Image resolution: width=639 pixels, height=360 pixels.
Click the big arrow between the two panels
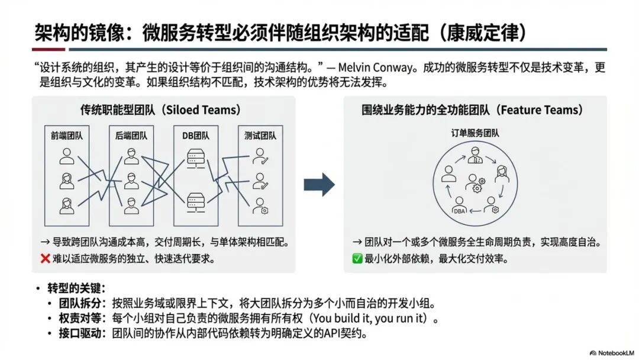click(319, 185)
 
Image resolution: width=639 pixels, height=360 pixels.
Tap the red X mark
click(45, 259)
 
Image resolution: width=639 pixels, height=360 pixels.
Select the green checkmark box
click(357, 259)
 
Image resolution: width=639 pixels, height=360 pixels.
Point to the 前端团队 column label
click(66, 136)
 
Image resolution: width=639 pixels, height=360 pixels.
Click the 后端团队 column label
click(131, 136)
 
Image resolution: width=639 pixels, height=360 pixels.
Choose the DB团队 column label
click(195, 136)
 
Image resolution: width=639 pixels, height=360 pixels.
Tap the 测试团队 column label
click(260, 136)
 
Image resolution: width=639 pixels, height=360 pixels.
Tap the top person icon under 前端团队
click(66, 156)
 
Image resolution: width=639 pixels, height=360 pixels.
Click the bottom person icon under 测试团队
click(259, 205)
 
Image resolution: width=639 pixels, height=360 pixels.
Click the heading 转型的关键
click(76, 288)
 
